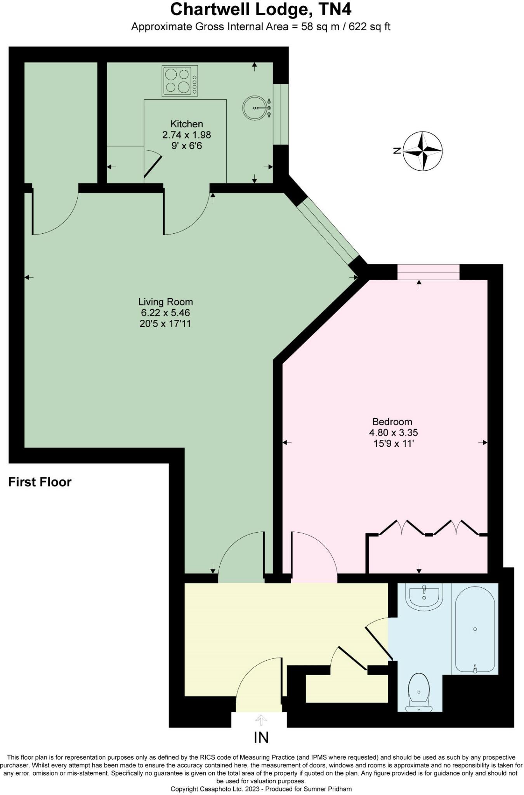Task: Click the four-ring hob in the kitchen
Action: (180, 81)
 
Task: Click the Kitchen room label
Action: (187, 124)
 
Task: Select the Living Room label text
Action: (165, 302)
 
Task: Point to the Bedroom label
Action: (392, 422)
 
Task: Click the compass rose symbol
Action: (423, 151)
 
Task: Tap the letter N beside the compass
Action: (397, 151)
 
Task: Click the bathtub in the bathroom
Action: (475, 629)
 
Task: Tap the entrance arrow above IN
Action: (261, 720)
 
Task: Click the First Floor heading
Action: (40, 482)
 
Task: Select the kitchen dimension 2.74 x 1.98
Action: (187, 135)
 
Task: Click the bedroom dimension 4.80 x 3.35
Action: (393, 432)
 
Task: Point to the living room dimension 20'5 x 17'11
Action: (165, 324)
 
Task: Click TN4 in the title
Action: (335, 10)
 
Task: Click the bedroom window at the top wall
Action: (428, 272)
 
